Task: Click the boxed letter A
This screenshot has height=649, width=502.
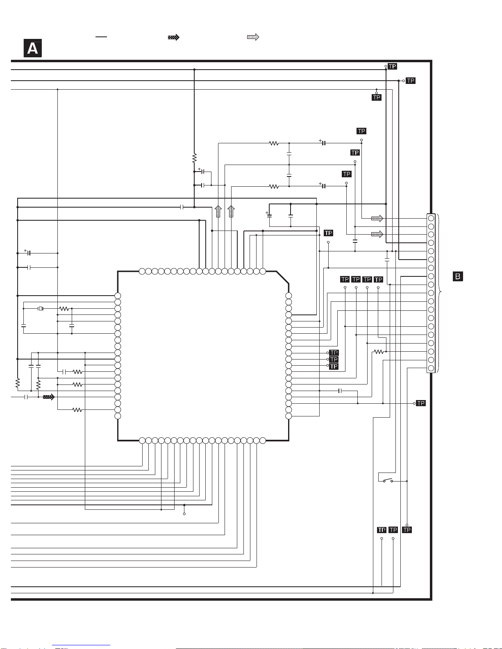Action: click(32, 49)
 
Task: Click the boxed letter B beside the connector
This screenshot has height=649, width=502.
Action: click(458, 276)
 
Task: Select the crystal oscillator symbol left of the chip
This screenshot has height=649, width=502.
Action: click(41, 308)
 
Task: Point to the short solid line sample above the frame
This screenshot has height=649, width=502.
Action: click(101, 37)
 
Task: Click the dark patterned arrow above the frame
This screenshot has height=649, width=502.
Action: click(174, 37)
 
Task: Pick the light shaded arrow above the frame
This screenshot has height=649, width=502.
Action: click(253, 37)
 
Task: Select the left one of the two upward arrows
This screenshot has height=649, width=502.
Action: click(218, 211)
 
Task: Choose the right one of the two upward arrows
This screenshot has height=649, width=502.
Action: click(231, 211)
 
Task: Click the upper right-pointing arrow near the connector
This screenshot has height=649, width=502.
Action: click(377, 218)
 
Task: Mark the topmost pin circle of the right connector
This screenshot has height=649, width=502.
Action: click(431, 218)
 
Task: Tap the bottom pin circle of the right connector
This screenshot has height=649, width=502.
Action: click(431, 368)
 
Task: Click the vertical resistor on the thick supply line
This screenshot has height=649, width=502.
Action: click(194, 158)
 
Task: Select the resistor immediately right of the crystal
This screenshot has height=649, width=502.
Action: click(64, 308)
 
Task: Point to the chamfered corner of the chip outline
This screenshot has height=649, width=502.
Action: click(283, 277)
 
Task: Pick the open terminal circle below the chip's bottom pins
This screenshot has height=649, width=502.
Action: click(184, 513)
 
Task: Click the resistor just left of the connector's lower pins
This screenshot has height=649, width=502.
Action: click(379, 351)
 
